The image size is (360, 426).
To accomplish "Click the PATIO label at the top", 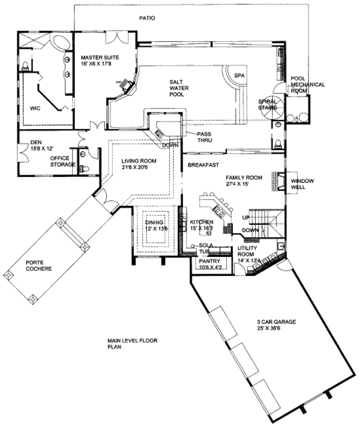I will click(x=147, y=18).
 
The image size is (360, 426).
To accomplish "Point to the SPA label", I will click(x=240, y=76).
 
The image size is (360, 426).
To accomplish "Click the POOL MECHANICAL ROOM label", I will click(x=307, y=85).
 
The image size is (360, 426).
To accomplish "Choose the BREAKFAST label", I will click(x=202, y=164).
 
